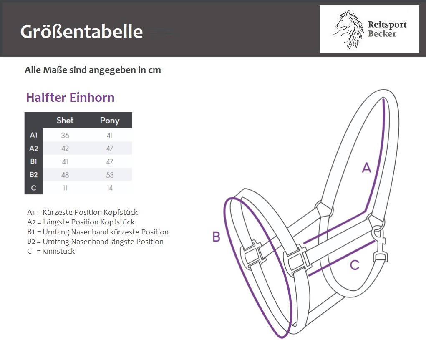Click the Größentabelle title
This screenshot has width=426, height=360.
[81, 32]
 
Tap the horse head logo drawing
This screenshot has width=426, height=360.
[349, 29]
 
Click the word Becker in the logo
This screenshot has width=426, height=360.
[382, 34]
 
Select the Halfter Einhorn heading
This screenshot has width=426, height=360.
[70, 98]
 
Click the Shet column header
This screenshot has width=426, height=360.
[65, 121]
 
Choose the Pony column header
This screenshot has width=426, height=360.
[110, 121]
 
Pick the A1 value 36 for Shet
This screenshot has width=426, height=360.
[65, 135]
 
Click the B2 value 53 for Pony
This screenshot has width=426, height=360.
[110, 175]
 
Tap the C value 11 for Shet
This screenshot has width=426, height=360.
[65, 188]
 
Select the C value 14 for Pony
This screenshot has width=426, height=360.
[110, 188]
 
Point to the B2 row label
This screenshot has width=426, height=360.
[34, 175]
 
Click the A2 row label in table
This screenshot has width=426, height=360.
[34, 149]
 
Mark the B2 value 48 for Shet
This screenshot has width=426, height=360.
[65, 175]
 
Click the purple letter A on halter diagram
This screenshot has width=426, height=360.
[366, 168]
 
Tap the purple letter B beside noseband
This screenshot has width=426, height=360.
[216, 237]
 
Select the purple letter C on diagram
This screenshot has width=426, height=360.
[355, 265]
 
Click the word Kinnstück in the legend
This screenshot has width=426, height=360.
[58, 251]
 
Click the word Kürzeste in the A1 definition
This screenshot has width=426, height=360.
[58, 212]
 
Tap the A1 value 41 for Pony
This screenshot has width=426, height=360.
[110, 135]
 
